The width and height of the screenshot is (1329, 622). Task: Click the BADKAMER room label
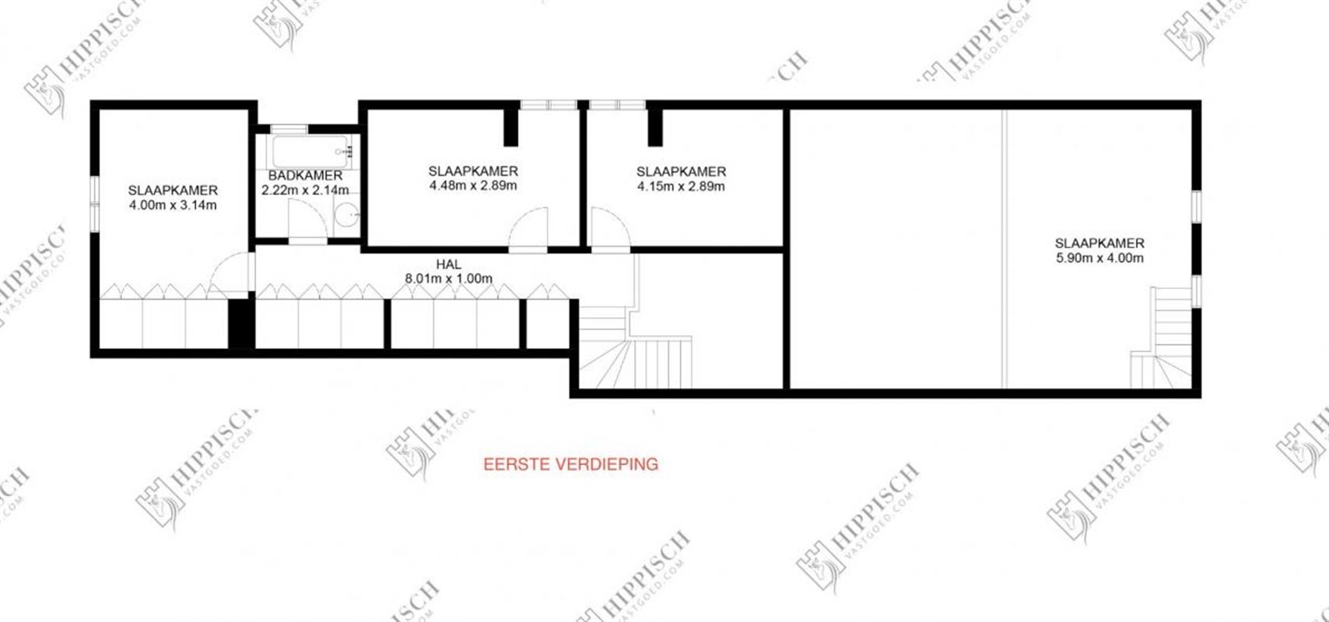coord(305,176)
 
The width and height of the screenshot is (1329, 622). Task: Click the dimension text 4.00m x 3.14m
coord(173,205)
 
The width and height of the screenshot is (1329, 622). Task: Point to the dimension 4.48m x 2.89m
coord(473,186)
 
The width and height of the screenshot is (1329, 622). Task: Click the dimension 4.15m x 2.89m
coord(681,186)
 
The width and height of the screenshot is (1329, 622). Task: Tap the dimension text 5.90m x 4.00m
coord(1099,258)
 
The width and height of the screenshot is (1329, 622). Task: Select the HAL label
coord(448,264)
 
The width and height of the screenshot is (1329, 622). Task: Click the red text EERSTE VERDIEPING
coord(570,464)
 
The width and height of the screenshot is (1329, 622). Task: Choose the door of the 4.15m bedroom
coord(608,227)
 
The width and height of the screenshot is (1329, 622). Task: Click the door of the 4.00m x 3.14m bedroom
coord(232,272)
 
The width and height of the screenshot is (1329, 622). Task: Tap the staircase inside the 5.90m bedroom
coord(1162,338)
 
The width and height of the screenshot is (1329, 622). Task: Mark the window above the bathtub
coord(289,128)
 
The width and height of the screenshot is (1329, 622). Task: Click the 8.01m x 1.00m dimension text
coord(448,278)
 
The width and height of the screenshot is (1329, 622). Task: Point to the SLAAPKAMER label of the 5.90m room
coord(1099,243)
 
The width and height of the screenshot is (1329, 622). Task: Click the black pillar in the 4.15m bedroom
coord(655,127)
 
